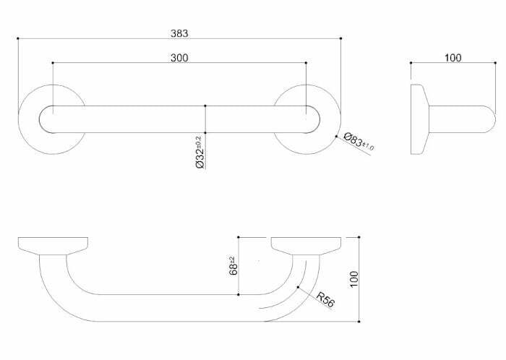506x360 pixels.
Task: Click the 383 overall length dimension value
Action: (179, 33)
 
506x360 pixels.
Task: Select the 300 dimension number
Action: (179, 58)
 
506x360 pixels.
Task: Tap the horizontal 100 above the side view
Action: (453, 58)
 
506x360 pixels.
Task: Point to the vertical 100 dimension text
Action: (353, 278)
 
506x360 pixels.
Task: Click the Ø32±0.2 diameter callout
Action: (199, 152)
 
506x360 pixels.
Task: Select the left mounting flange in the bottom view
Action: (52, 245)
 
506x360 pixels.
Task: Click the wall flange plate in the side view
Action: (419, 119)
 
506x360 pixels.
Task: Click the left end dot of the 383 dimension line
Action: (17, 38)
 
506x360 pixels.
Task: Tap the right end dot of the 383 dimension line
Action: (340, 38)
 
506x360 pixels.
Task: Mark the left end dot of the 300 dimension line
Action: (53, 63)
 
